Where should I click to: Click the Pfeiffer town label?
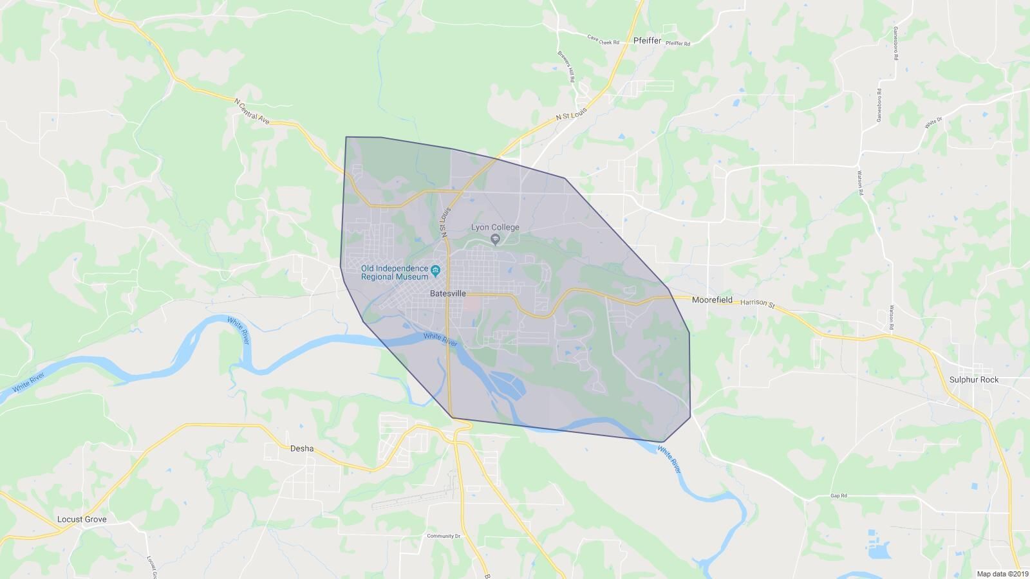[647, 41]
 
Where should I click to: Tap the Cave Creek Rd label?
[603, 39]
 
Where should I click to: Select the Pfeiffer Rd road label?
[677, 44]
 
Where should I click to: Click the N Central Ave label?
[252, 110]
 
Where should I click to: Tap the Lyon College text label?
[495, 227]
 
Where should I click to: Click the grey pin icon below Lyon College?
[495, 240]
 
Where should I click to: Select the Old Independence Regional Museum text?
[394, 273]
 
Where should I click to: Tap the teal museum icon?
[436, 270]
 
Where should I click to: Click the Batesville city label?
[447, 293]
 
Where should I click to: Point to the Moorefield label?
[712, 300]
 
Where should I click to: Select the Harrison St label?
[757, 303]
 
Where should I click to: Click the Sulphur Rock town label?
[973, 380]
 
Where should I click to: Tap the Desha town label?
[302, 448]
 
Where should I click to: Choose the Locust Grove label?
[82, 519]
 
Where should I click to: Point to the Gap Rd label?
[838, 496]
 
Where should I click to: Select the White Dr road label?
[933, 122]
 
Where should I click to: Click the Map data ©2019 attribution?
[1002, 574]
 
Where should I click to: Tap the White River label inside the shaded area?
[440, 340]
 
